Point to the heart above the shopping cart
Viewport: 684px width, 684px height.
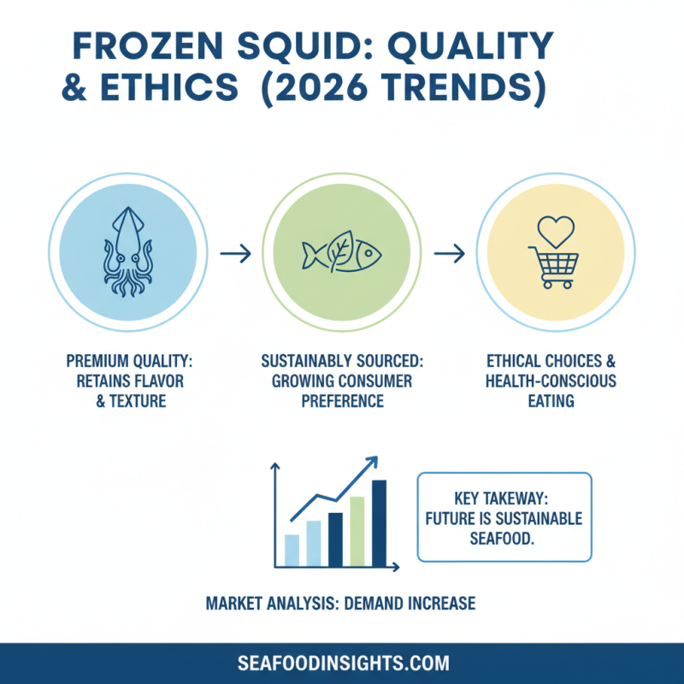[x=556, y=230]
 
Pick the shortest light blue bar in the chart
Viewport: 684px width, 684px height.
[x=292, y=550]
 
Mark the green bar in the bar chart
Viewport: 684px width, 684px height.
[x=357, y=531]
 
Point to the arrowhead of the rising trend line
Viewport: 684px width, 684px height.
[x=373, y=463]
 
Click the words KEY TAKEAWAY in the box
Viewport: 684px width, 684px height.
[x=504, y=497]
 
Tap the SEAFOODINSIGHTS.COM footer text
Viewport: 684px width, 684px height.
[x=342, y=663]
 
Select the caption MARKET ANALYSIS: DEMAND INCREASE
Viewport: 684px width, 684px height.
[x=340, y=604]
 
